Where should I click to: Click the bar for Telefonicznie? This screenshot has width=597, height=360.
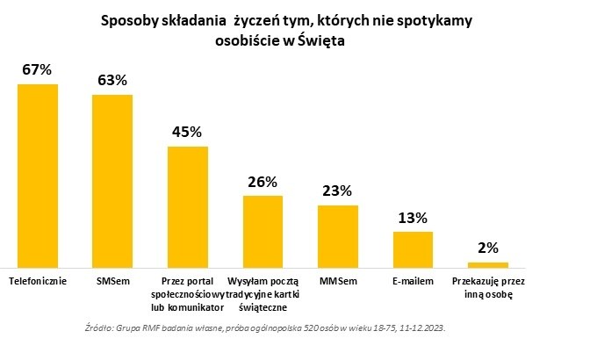pyautogui.click(x=38, y=175)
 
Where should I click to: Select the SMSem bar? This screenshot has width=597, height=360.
pyautogui.click(x=112, y=180)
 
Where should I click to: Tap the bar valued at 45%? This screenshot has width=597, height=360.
pyautogui.click(x=188, y=206)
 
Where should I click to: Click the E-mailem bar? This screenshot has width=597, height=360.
pyautogui.click(x=413, y=248)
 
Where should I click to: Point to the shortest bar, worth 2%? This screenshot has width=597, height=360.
pyautogui.click(x=488, y=263)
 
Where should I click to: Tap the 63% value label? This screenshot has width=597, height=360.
pyautogui.click(x=112, y=81)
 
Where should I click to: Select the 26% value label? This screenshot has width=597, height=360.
pyautogui.click(x=263, y=182)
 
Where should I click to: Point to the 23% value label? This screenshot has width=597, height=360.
pyautogui.click(x=338, y=191)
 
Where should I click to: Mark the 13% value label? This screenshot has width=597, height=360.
pyautogui.click(x=413, y=217)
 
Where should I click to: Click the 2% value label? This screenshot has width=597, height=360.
pyautogui.click(x=488, y=248)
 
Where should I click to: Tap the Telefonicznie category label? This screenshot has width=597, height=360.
pyautogui.click(x=38, y=281)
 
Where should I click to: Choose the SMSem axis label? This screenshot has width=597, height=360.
pyautogui.click(x=112, y=281)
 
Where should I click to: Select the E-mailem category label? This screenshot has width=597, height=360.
pyautogui.click(x=413, y=281)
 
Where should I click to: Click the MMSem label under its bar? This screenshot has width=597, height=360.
pyautogui.click(x=338, y=281)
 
